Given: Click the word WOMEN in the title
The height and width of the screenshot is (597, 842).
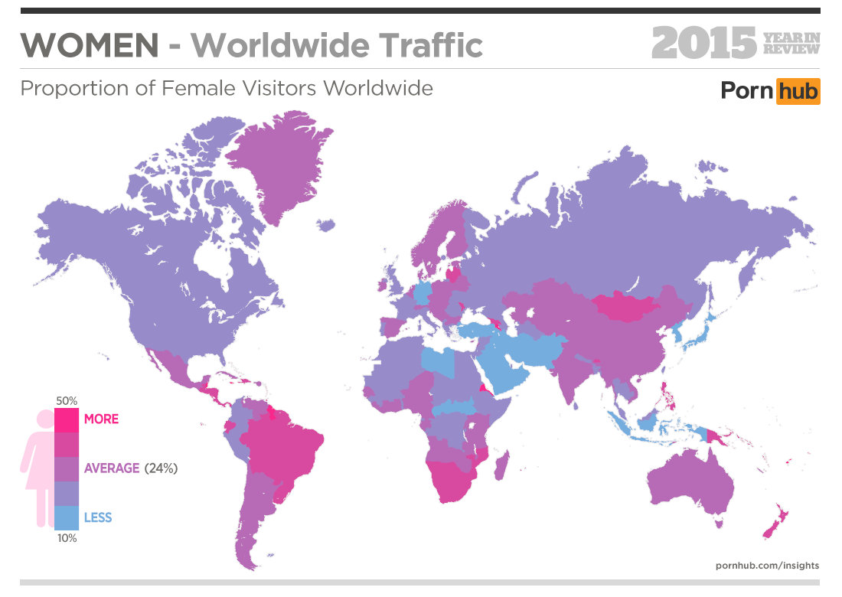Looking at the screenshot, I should [x=90, y=46].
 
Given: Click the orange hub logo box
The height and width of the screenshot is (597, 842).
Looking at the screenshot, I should [x=798, y=91].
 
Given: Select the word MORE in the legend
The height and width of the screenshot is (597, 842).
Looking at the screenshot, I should [x=101, y=419].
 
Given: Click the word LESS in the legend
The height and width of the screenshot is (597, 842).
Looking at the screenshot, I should [x=98, y=517].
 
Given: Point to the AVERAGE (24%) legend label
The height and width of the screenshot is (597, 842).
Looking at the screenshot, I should [x=130, y=468].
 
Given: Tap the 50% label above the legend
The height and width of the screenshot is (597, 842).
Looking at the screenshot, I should [x=67, y=400].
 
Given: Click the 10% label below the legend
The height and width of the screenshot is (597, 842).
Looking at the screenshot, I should [x=67, y=538].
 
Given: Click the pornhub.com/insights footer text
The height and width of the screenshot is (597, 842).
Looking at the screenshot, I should [x=767, y=566].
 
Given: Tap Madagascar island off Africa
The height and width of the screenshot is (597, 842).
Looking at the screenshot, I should [x=501, y=465].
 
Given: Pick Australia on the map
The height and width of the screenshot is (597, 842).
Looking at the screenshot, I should [x=689, y=482].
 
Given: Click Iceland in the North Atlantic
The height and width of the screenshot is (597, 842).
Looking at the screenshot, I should [x=327, y=225].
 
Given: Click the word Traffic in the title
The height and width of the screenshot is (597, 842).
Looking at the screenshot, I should [x=432, y=46].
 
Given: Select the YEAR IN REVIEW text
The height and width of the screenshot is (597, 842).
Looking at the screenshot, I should [x=791, y=44].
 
